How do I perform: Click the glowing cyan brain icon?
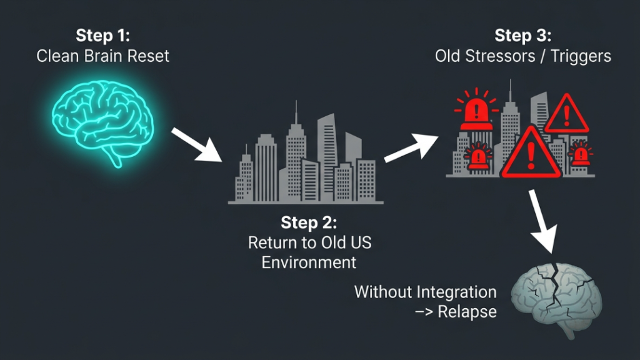click(x=103, y=122)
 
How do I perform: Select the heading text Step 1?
click(x=103, y=36)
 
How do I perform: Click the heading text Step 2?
click(x=309, y=223)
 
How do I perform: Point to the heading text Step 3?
click(x=523, y=36)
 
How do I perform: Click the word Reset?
click(x=148, y=56)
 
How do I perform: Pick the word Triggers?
click(x=581, y=56)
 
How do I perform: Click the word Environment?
click(x=309, y=262)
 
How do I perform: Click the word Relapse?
click(x=467, y=312)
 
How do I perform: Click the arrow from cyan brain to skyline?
click(x=197, y=144)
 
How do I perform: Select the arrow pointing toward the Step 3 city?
click(x=411, y=147)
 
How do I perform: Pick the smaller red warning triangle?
click(x=566, y=115)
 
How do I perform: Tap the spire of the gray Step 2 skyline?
click(x=296, y=112)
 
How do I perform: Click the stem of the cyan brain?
click(x=115, y=158)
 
